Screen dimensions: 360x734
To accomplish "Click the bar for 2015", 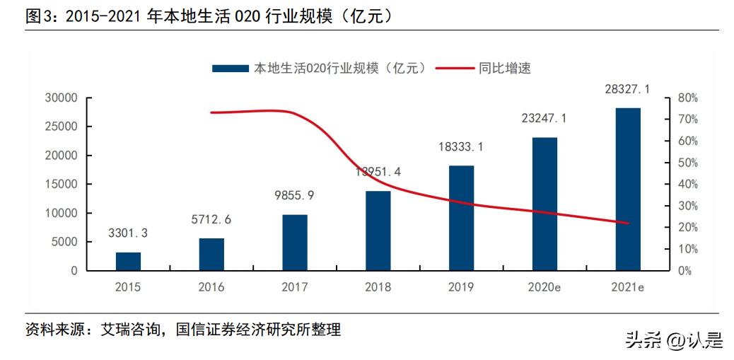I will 128,261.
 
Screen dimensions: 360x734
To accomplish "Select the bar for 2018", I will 378,231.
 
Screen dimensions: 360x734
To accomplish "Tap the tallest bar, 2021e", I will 628,189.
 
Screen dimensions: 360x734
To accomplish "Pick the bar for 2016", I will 211,254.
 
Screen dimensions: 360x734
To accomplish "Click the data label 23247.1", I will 544,120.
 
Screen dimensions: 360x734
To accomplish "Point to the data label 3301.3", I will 128,233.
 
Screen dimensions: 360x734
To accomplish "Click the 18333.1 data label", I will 461,147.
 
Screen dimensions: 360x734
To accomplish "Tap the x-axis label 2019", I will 461,287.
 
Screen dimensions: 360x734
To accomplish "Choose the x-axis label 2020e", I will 544,287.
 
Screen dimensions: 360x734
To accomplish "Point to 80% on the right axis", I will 688,98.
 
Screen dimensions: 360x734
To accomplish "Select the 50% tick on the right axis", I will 688,163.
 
